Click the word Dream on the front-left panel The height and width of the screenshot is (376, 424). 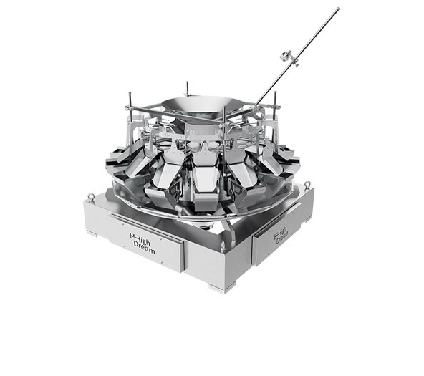click(144, 248)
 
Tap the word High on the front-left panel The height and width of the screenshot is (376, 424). click(140, 238)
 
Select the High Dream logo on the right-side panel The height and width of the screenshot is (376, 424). click(281, 236)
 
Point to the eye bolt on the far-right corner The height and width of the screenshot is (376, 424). click(308, 185)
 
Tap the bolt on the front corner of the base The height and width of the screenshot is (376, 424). click(222, 246)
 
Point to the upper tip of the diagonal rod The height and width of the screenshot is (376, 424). click(338, 9)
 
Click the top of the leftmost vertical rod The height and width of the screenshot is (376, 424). click(130, 93)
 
